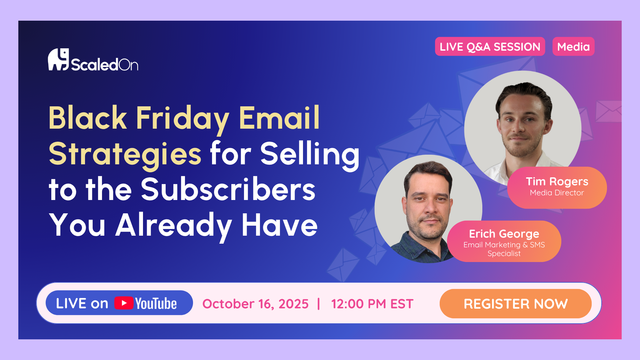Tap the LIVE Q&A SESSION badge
[x=490, y=47]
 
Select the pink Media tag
[x=573, y=47]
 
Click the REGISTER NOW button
[x=516, y=304]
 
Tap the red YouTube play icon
[x=124, y=303]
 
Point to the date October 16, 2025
[x=255, y=304]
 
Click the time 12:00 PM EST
[x=372, y=304]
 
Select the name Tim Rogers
[x=557, y=182]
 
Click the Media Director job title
[x=557, y=193]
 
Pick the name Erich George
[x=504, y=234]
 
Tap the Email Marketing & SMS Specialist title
[x=504, y=249]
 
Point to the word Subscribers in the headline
[x=228, y=189]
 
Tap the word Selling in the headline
[x=310, y=154]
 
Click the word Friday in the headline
[x=183, y=118]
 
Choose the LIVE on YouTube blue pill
[x=119, y=303]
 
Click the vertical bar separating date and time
[x=319, y=304]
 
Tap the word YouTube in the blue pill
[x=156, y=303]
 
